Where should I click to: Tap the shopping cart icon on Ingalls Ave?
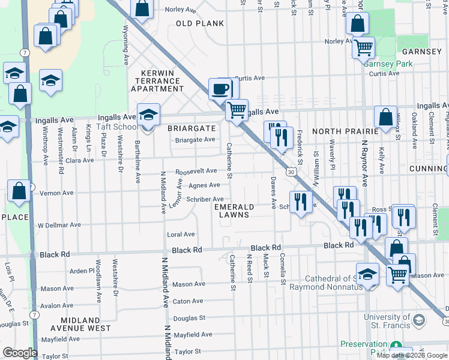click(x=237, y=110)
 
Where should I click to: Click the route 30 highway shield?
click(x=291, y=172)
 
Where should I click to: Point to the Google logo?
click(x=20, y=353)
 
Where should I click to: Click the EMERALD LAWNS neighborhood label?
click(x=235, y=211)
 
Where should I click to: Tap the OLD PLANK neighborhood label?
click(x=200, y=23)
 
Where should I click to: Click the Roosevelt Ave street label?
click(x=196, y=171)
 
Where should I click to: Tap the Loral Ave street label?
click(x=181, y=235)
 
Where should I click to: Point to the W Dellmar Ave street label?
click(x=59, y=226)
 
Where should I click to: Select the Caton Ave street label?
click(x=188, y=301)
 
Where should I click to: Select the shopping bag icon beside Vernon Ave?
click(x=19, y=191)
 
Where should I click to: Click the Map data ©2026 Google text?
click(x=412, y=355)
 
